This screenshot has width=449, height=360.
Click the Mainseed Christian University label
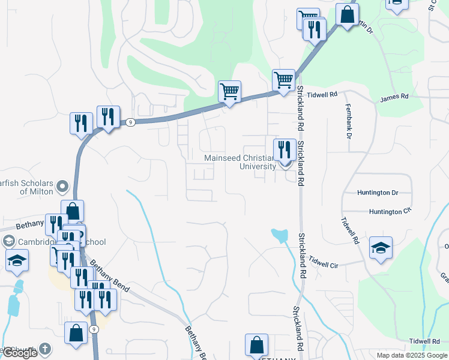coord(240,161)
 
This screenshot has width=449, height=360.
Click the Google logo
coord(20,353)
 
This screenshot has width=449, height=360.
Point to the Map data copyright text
coord(412,355)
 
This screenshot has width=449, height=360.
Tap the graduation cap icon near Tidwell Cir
coord(381,248)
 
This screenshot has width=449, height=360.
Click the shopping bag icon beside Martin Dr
coord(347,15)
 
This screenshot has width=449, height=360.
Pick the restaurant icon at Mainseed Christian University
coord(284,150)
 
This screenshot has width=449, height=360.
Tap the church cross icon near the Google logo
coord(46,349)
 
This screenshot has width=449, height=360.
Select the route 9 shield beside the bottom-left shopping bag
coord(94,329)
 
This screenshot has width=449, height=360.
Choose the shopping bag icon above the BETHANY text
coord(256,345)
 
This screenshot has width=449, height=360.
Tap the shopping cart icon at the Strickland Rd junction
coord(283,80)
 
